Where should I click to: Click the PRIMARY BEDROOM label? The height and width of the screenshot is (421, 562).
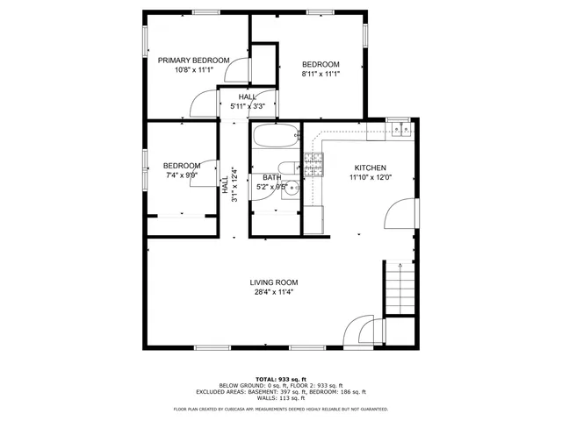193,61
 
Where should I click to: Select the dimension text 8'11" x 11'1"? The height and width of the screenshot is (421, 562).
321,75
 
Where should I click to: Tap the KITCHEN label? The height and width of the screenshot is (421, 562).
370,168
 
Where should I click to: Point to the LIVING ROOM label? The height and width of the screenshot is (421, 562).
273,282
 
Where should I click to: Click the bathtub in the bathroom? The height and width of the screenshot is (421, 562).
275,137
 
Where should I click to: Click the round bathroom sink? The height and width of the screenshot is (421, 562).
294,188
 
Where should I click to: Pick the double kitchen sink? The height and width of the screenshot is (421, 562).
402,130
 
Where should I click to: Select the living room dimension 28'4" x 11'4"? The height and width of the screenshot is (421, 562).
273,292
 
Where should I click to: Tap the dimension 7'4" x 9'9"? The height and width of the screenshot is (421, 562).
181,175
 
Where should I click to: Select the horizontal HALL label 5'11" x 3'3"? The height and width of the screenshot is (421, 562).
248,106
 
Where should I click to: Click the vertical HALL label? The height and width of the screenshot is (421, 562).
225,185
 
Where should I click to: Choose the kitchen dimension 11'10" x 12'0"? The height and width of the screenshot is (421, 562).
370,177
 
